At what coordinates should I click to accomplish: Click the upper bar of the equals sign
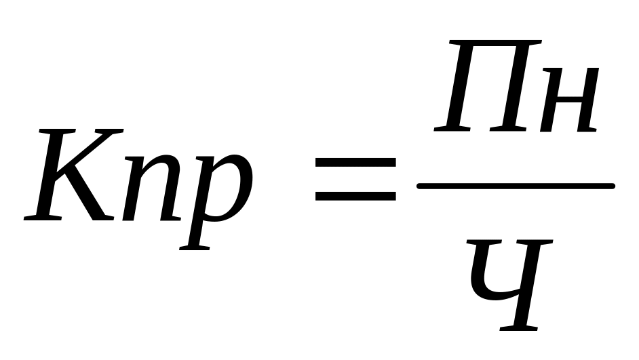[x=355, y=162]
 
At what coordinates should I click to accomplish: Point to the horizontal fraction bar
[x=516, y=185]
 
